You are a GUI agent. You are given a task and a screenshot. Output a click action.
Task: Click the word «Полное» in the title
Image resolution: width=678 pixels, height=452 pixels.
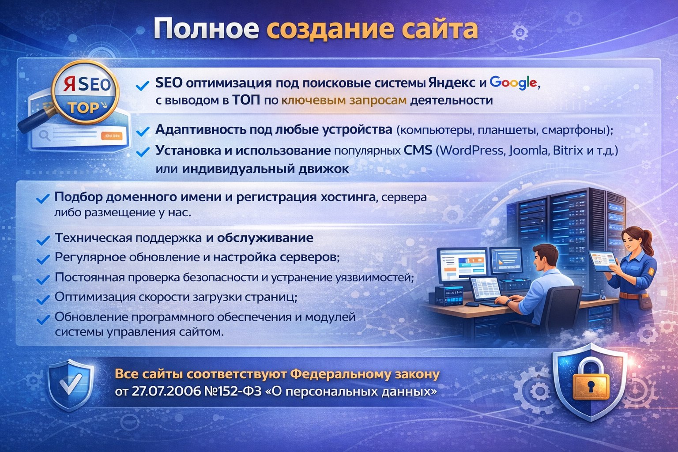[x=206, y=29]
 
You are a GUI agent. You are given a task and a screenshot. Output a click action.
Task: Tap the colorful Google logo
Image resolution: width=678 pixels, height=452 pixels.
[x=513, y=83]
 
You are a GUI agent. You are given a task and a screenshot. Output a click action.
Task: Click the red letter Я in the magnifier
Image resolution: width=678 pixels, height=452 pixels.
[x=69, y=84]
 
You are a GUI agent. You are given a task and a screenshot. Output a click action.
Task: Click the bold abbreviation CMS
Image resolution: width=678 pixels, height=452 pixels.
[x=418, y=151]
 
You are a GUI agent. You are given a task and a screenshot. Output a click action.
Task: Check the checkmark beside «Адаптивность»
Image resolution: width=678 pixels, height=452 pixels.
[x=143, y=131]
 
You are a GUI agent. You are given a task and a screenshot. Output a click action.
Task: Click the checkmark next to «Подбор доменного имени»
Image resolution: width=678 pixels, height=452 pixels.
[x=43, y=199]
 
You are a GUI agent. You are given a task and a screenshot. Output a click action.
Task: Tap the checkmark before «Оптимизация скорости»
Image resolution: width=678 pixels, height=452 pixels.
[x=43, y=299]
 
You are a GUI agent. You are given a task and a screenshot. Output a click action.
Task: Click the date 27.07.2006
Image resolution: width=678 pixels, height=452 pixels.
[x=166, y=392]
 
